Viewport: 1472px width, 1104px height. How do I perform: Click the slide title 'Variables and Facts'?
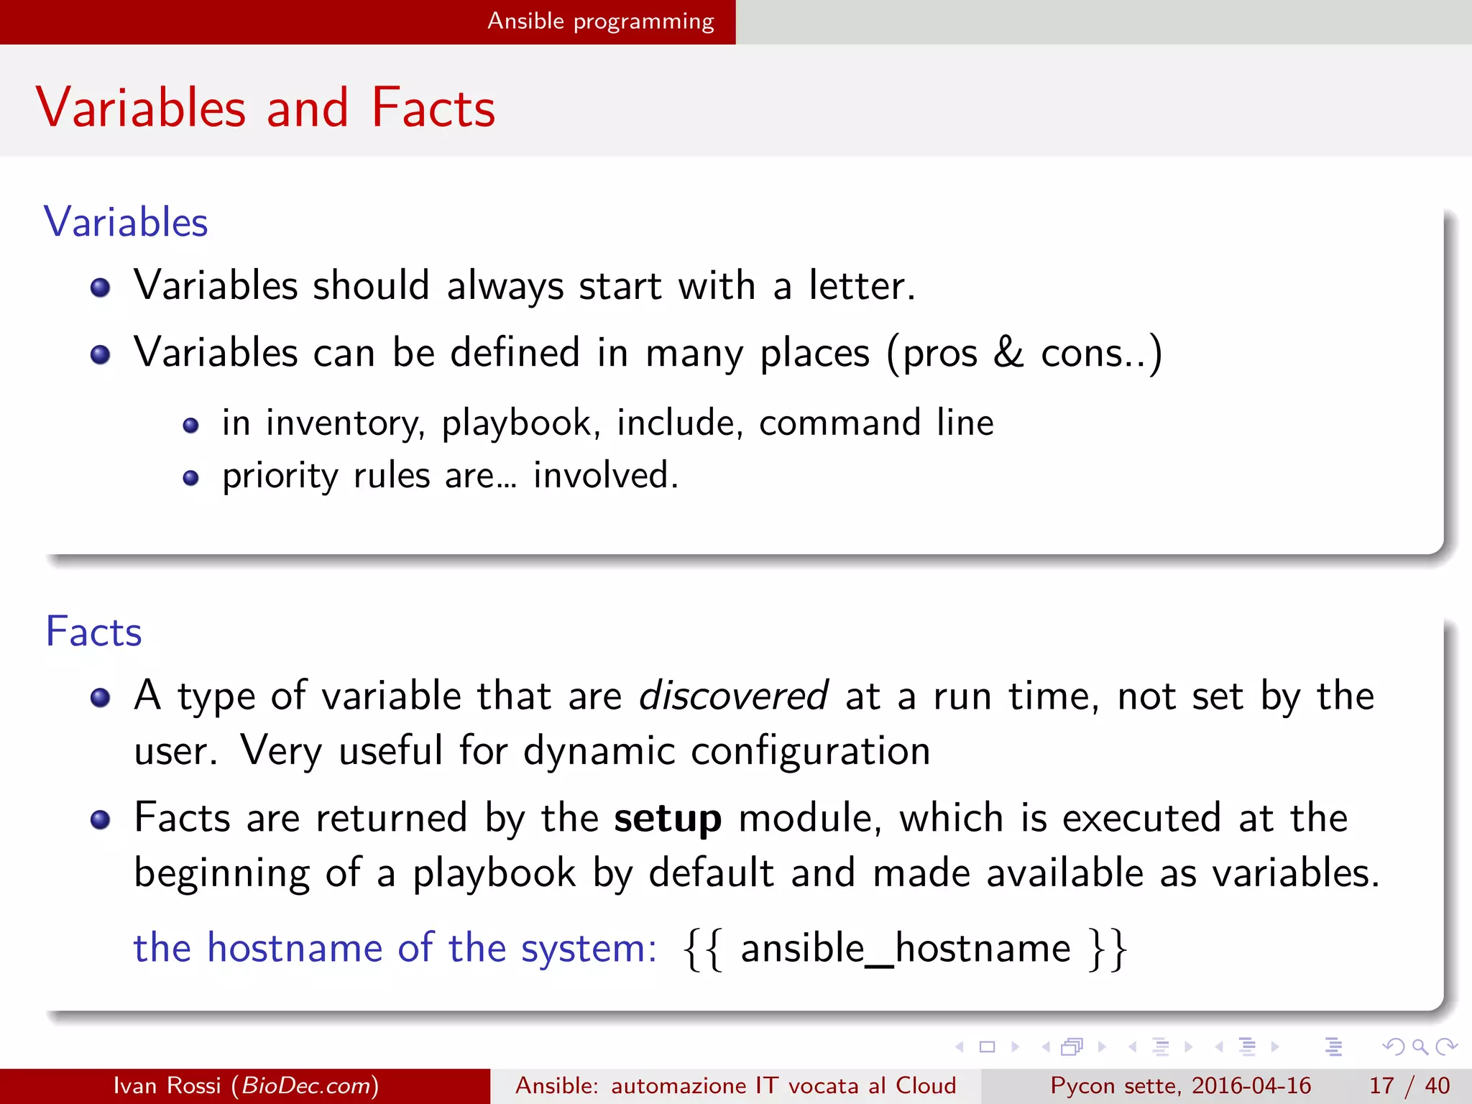click(x=265, y=108)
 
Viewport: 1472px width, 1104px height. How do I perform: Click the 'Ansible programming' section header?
click(x=600, y=22)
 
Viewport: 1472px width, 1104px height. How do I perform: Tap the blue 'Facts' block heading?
click(x=93, y=632)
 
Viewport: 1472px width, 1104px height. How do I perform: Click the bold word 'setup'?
click(x=668, y=819)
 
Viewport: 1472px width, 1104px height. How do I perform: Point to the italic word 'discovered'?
click(x=733, y=696)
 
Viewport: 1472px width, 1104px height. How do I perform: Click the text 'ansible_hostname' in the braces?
click(x=906, y=948)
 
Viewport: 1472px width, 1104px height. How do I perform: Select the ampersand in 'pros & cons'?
click(x=1008, y=352)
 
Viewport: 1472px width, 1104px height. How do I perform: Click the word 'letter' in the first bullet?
click(x=860, y=285)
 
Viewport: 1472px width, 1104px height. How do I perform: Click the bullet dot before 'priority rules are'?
click(x=190, y=478)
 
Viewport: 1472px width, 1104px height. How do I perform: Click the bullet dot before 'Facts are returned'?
click(x=101, y=820)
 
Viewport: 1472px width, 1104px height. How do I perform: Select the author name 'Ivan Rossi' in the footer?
click(x=167, y=1085)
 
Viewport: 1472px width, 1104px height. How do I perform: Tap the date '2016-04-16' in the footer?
click(x=1251, y=1085)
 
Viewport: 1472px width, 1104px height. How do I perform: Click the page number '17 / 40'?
click(x=1409, y=1085)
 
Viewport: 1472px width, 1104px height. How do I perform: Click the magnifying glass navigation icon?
click(x=1420, y=1046)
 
